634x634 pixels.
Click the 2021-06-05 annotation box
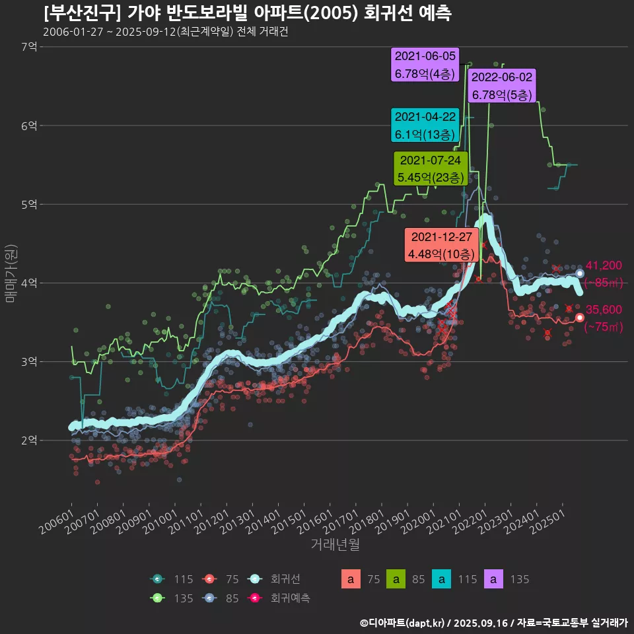pos(425,65)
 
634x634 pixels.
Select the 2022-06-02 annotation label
pos(503,86)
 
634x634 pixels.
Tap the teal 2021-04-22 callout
pos(425,125)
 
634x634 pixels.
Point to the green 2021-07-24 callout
pos(431,169)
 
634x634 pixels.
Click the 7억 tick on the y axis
pos(29,47)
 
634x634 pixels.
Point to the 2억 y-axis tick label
pos(29,440)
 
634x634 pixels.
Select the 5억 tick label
pos(29,204)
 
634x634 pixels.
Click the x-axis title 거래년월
pos(335,545)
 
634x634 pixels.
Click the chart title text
pos(247,13)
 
